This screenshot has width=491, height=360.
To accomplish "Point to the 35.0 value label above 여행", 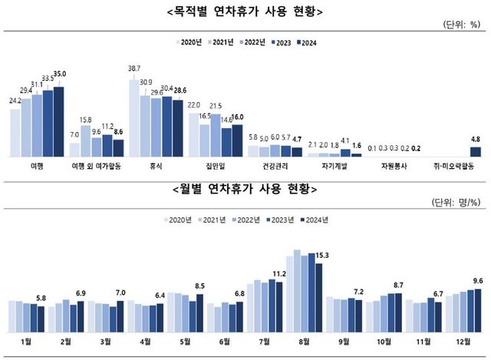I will pyautogui.click(x=60, y=74).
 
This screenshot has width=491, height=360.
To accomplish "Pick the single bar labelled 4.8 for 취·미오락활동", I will pyautogui.click(x=475, y=152).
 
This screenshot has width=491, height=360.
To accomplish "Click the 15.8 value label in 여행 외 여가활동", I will pyautogui.click(x=86, y=120).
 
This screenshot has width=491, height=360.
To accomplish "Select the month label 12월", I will pyautogui.click(x=462, y=339).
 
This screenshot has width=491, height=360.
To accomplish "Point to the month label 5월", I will pyautogui.click(x=185, y=339).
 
